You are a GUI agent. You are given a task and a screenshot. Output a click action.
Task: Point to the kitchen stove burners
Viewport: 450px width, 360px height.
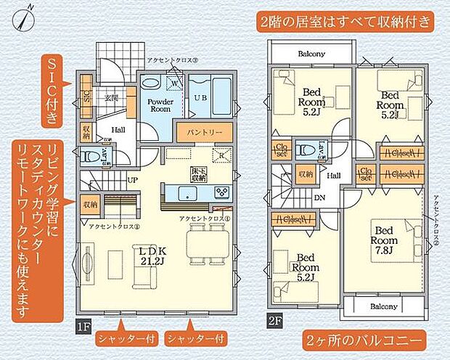point(221,192)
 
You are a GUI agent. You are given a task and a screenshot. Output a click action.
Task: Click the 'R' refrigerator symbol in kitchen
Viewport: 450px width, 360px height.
point(220,155)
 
